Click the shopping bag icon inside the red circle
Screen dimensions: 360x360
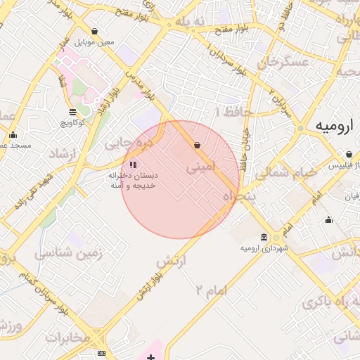tap(197, 146)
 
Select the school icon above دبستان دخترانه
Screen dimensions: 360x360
tap(133, 165)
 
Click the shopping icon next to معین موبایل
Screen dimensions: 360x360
tap(95, 31)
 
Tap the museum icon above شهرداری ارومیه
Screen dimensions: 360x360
tap(264, 237)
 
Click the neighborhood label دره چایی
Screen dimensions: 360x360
tap(128, 142)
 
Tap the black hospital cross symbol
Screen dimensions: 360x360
tap(150, 357)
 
